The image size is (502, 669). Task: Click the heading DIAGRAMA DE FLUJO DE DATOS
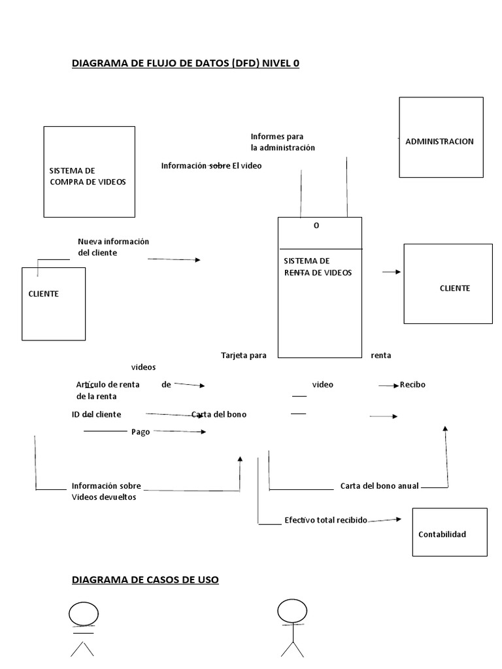point(185,63)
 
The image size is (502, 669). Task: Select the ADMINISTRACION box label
point(439,141)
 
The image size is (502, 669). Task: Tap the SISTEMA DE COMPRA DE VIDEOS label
point(88,176)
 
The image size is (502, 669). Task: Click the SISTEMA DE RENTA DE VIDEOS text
point(317,267)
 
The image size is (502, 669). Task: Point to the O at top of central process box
point(316,225)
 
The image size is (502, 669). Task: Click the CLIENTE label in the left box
point(43,294)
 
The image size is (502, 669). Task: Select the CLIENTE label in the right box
point(454,288)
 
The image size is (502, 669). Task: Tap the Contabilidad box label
point(442,534)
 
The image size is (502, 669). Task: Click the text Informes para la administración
point(282,142)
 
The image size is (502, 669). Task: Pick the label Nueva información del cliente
point(113,247)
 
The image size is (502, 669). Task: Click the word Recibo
point(412,385)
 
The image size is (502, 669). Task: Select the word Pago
point(140,432)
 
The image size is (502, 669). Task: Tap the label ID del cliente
point(96,414)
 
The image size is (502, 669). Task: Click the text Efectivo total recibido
point(326,521)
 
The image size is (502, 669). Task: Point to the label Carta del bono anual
point(379,486)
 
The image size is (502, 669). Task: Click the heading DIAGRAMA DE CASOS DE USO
point(145,579)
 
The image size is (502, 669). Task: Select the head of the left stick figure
point(84,614)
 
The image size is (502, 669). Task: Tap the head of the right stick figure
point(292,610)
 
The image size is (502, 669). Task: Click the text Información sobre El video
point(211,166)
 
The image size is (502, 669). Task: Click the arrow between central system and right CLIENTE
point(392,272)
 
